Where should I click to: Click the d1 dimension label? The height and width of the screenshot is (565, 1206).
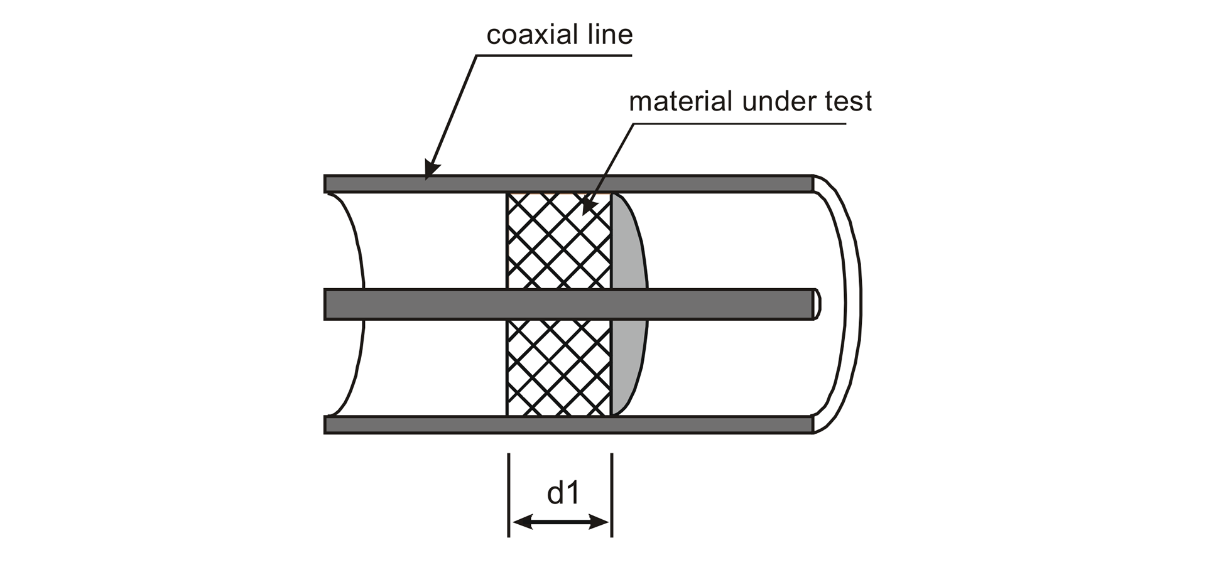pos(563,493)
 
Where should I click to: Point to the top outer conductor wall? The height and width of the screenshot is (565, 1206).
pos(628,183)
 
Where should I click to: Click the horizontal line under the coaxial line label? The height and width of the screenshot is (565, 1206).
pos(553,56)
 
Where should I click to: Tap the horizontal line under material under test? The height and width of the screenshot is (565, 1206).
pos(741,123)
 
